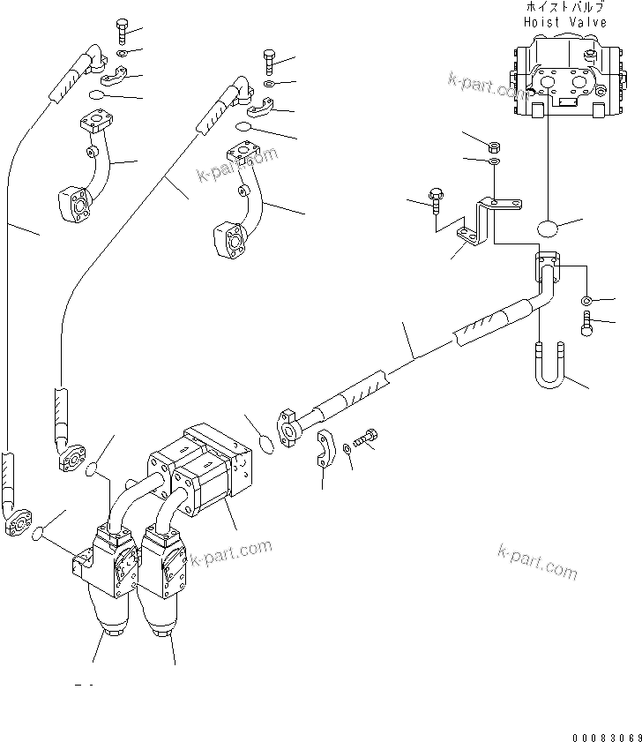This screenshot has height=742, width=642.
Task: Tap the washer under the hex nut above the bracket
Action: click(494, 161)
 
